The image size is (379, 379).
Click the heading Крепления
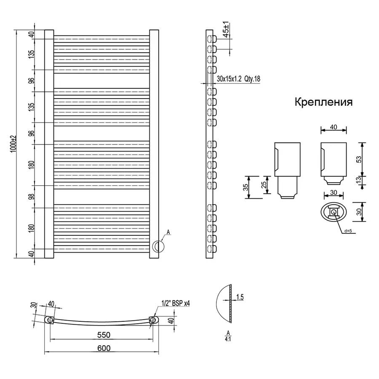tap(323, 102)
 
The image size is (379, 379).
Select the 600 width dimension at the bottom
tap(104, 348)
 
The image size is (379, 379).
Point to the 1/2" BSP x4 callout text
tap(176, 302)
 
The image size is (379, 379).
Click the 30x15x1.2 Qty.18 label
tap(238, 79)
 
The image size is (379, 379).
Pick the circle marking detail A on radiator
tap(158, 246)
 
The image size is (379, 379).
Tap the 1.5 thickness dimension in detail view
tap(240, 298)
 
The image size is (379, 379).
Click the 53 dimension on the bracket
tap(359, 159)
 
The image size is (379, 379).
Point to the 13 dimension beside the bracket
tap(359, 180)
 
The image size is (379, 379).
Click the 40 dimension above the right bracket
tap(334, 126)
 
